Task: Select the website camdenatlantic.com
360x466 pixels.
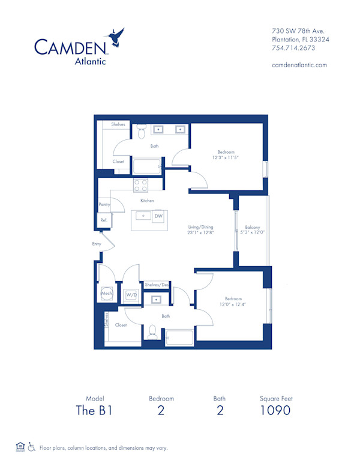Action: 299,65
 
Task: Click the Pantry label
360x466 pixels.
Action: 104,205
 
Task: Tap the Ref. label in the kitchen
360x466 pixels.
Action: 103,220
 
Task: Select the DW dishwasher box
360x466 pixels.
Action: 158,216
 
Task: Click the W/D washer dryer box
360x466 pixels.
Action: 131,295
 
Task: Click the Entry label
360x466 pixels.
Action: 97,244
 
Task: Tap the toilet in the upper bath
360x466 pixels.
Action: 142,129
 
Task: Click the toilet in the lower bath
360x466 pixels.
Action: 152,331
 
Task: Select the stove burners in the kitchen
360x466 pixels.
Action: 140,184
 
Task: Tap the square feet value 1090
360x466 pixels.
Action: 275,411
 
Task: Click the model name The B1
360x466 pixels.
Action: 95,411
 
